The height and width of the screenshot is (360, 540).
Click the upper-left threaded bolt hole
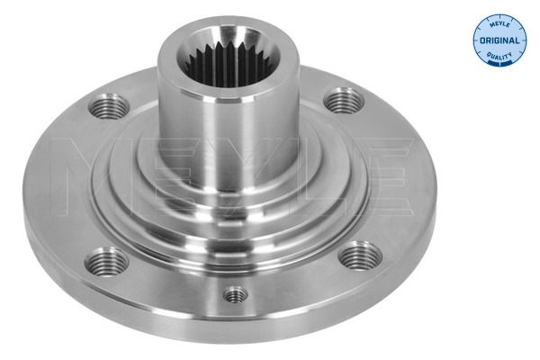tap(109, 106)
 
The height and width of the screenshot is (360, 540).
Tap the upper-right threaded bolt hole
tap(344, 100)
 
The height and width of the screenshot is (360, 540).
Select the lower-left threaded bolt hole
tap(107, 262)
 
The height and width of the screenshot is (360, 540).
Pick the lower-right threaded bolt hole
tap(360, 256)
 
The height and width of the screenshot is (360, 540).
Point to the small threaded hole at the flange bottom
tap(235, 295)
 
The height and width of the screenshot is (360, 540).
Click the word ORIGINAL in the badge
tap(499, 40)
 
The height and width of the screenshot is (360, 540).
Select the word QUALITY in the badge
tap(499, 55)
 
